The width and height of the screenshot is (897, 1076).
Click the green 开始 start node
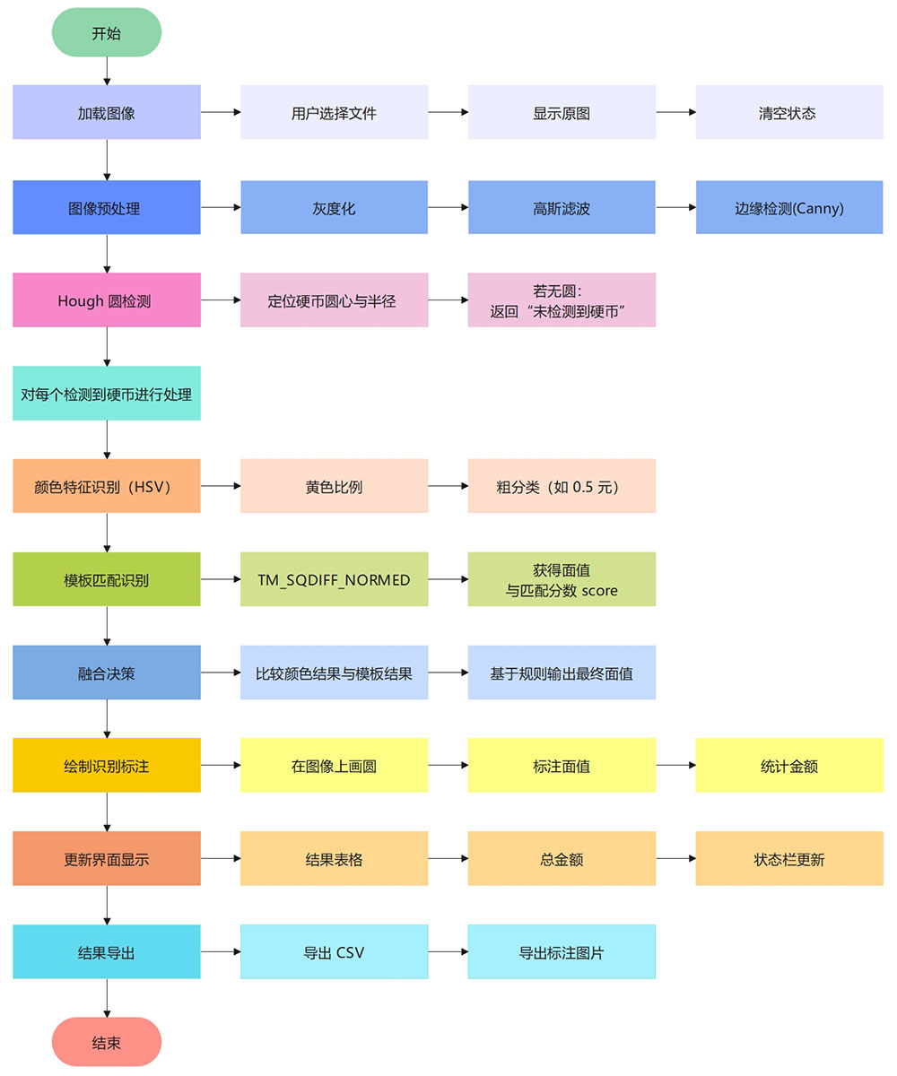(x=107, y=33)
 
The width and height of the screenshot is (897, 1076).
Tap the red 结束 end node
(x=107, y=1042)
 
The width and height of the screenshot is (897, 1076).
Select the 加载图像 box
(x=107, y=113)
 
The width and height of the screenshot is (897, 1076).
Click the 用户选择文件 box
(x=334, y=113)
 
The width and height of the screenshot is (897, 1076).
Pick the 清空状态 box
(x=788, y=113)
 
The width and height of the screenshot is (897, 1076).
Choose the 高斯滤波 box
(x=562, y=207)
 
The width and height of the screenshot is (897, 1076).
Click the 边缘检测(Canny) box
(x=788, y=207)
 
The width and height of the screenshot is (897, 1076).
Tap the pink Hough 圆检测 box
(x=107, y=300)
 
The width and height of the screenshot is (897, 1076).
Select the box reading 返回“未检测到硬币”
(x=562, y=300)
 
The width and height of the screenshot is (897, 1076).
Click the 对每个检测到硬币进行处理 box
(x=107, y=394)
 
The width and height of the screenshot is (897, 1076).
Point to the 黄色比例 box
(x=334, y=486)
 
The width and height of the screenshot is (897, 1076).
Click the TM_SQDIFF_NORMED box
(x=334, y=579)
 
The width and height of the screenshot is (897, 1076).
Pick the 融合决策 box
(x=107, y=672)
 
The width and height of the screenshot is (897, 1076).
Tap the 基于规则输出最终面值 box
(x=562, y=672)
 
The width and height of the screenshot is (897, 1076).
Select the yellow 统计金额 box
(x=788, y=766)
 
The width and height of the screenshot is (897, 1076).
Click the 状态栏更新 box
(x=788, y=859)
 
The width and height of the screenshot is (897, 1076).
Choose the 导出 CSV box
(x=334, y=952)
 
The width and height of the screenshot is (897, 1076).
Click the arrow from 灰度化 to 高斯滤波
(x=448, y=207)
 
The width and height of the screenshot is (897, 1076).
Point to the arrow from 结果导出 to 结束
(x=107, y=998)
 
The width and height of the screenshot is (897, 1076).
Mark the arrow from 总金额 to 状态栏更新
(x=675, y=859)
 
